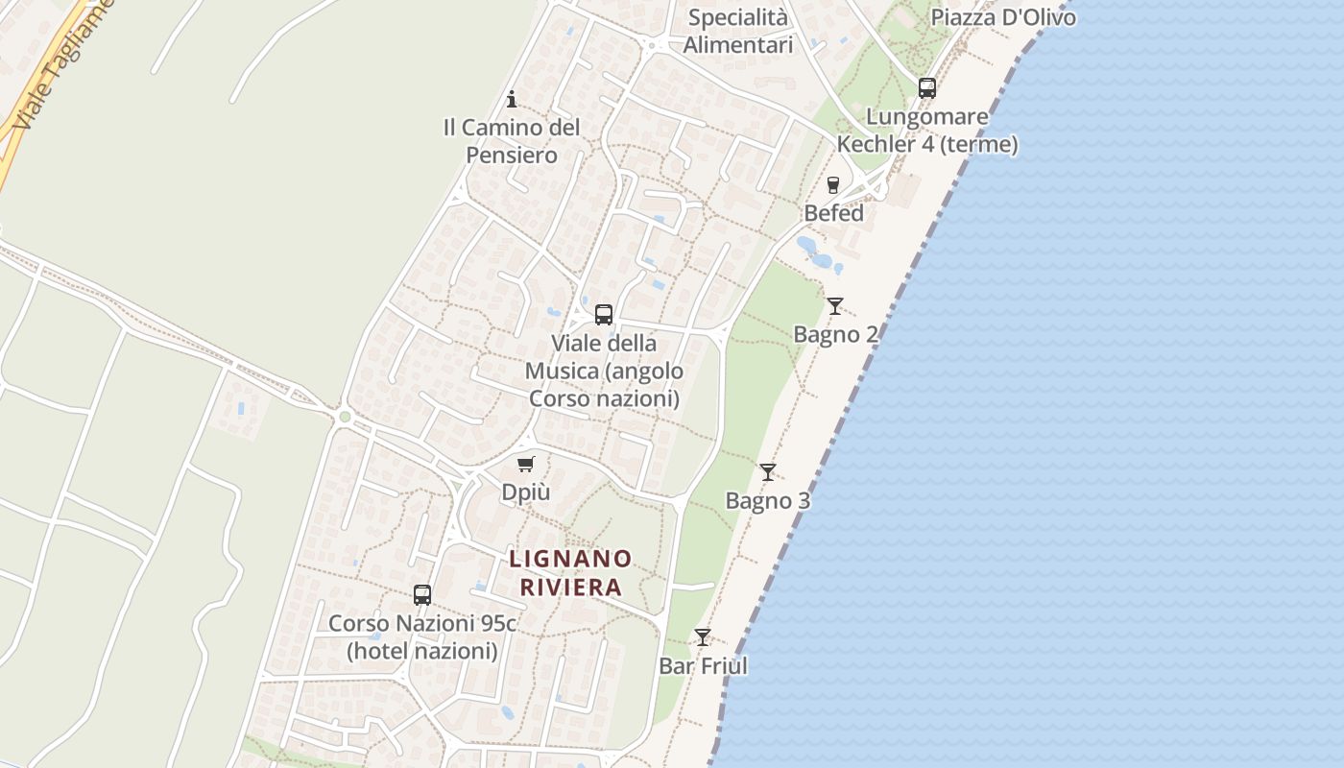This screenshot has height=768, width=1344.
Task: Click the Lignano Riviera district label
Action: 570,572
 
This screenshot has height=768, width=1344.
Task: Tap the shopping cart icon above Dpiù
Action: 525,465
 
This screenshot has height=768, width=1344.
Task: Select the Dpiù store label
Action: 526,492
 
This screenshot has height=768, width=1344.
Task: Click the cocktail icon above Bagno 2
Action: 835,306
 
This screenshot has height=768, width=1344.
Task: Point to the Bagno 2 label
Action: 835,335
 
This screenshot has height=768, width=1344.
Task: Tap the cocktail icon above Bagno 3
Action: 767,472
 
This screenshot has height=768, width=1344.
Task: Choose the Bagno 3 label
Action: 767,501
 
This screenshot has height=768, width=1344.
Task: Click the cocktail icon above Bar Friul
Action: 703,636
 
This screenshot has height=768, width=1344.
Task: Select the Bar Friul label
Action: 703,666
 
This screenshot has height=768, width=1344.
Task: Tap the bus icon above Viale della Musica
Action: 604,314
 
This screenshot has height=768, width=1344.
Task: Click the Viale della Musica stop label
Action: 604,371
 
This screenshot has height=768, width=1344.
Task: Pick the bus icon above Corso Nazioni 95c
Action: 422,594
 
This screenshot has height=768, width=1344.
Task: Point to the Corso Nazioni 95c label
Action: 422,637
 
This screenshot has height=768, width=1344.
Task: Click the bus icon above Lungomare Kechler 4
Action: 926,88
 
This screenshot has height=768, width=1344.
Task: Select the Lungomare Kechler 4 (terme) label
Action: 926,131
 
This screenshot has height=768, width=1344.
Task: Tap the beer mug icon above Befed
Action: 833,185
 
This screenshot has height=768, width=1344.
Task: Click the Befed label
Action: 833,213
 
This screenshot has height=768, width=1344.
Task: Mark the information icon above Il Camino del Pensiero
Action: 512,99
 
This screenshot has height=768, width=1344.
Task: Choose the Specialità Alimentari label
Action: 738,31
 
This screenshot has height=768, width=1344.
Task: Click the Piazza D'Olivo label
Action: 1003,17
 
